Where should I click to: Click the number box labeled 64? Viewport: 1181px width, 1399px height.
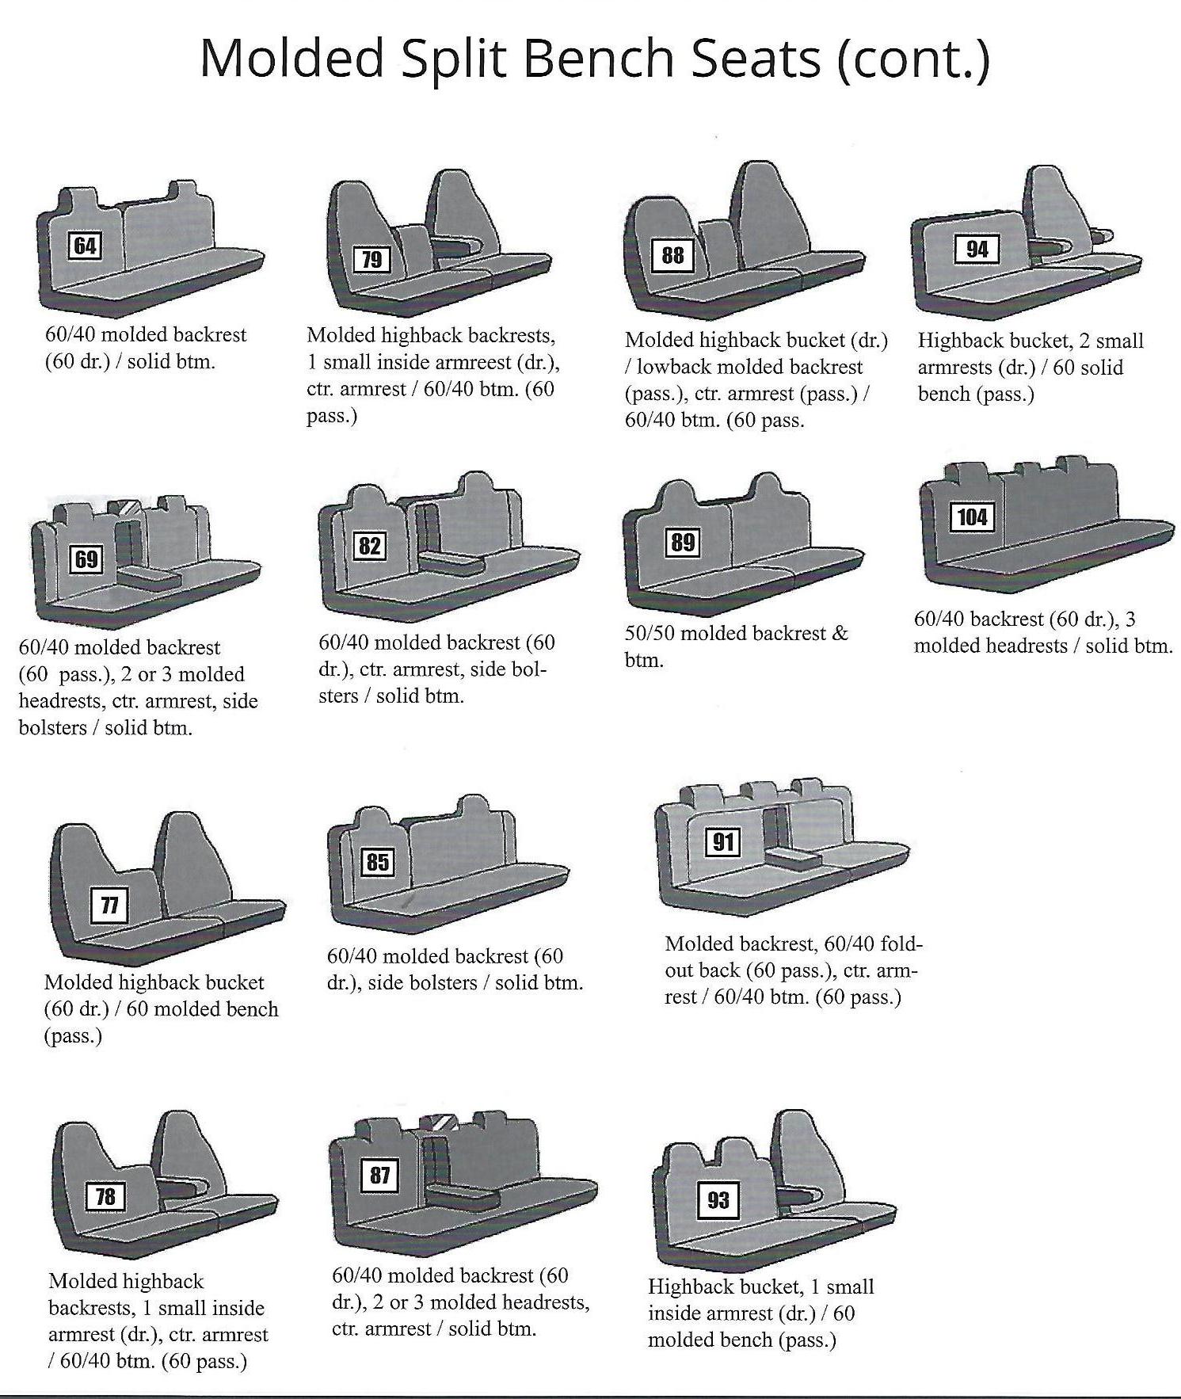coord(85,246)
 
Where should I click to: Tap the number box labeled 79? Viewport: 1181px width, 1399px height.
coord(371,260)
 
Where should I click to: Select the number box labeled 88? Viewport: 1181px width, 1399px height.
coord(672,254)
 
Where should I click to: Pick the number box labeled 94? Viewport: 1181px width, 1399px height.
coord(977,250)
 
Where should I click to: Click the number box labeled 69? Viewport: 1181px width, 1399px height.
coord(86,559)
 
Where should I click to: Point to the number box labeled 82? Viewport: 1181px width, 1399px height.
coord(370,545)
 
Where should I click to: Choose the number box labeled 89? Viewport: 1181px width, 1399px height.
coord(683,542)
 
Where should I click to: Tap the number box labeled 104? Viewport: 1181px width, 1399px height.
coord(973,517)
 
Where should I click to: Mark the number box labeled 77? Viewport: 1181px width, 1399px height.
coord(110,905)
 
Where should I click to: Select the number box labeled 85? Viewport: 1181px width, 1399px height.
coord(378,862)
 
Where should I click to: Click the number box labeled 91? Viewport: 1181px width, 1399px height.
coord(722,841)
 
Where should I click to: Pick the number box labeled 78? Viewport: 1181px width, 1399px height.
coord(105,1196)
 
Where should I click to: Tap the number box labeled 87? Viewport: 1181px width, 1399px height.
coord(380,1175)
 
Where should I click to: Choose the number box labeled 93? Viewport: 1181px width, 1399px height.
coord(718,1199)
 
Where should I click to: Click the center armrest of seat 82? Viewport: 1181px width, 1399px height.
coord(451,563)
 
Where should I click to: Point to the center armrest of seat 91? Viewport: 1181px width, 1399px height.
coord(794,859)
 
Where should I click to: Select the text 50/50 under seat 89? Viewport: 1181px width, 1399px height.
coord(649,634)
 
